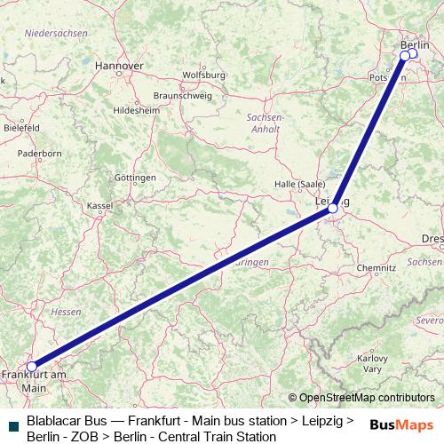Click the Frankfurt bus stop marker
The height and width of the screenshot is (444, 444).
[x=32, y=366]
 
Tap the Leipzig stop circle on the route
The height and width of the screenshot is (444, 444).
[x=333, y=209]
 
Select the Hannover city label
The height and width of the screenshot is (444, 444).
[x=119, y=66]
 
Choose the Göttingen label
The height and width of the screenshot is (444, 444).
[x=135, y=178]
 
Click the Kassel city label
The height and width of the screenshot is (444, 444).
[x=99, y=205]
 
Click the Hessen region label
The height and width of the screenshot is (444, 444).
[x=66, y=312]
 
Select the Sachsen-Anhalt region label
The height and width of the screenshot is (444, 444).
[x=265, y=123]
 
